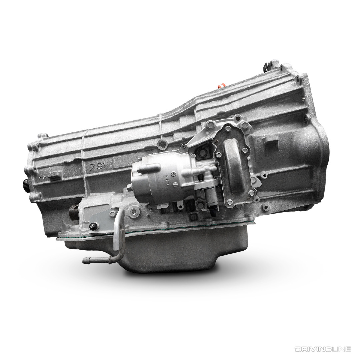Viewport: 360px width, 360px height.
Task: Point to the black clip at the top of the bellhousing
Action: [x=266, y=64]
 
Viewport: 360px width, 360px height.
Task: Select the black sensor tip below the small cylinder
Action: [x=212, y=208]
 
